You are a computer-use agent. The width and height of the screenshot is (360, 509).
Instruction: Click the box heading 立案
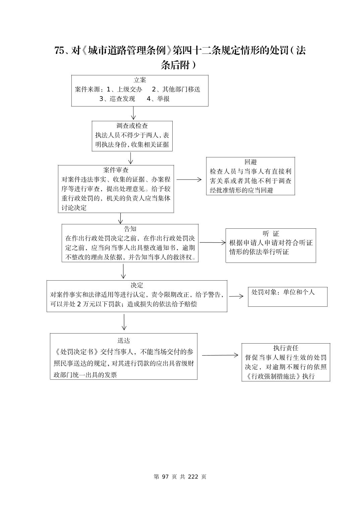point(140,80)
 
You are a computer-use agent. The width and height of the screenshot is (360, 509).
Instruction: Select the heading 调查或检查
point(132,126)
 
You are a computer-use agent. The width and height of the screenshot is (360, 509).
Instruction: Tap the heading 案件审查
point(116,170)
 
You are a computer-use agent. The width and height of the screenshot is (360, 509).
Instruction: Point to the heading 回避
point(250,162)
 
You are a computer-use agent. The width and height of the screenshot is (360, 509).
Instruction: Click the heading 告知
point(130,229)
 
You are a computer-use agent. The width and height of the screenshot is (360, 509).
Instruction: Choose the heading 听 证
point(271,233)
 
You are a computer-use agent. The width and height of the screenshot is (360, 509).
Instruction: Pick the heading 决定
point(137,285)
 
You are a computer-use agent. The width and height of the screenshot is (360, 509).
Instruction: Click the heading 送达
point(124,340)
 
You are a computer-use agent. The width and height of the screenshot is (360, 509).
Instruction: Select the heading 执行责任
point(286,348)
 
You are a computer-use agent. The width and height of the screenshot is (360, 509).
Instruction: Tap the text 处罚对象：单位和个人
point(283,292)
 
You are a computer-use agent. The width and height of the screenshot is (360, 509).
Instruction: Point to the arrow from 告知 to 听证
point(213,242)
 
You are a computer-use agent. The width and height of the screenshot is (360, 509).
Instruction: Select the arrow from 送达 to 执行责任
point(220,355)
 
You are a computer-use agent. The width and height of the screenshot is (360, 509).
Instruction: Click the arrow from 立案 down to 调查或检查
point(133,113)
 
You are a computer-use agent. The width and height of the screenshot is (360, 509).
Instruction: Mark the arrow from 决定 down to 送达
point(124,322)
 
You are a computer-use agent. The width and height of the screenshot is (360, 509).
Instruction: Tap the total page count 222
point(193,477)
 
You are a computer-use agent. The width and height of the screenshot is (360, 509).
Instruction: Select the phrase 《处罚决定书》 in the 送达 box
point(76,352)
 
